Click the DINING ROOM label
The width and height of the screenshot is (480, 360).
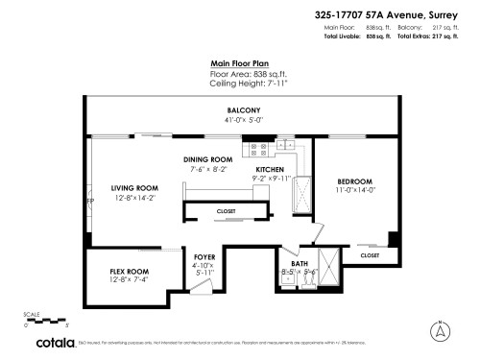(208, 159)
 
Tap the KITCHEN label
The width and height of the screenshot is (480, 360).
(271, 168)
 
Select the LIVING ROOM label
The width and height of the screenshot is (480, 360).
(134, 188)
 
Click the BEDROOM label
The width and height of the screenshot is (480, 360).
(353, 181)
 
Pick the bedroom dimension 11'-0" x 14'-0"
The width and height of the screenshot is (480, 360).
(353, 190)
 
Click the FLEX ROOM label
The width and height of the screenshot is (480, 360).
(129, 272)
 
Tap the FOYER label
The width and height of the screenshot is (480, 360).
(204, 257)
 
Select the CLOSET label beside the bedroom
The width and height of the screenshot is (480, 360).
(370, 256)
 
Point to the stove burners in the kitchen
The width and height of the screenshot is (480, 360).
(257, 149)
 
